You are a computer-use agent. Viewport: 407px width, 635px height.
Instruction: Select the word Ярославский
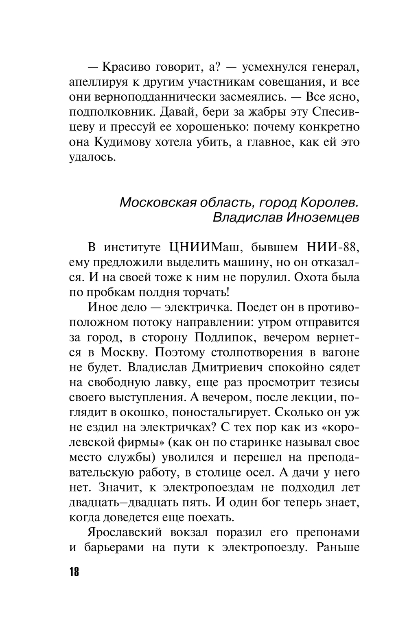[125, 533]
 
